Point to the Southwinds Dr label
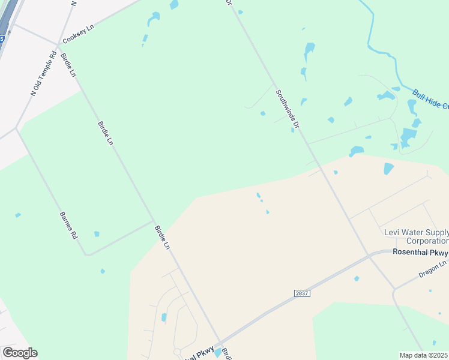coord(287,108)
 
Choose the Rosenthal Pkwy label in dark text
coord(420,252)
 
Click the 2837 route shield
coord(302,293)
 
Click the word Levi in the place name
coord(391,232)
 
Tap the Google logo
coord(19,353)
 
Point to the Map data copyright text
coord(424,355)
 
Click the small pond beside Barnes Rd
coord(97,234)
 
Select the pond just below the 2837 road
coord(357,278)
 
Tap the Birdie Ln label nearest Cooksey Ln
coord(68,65)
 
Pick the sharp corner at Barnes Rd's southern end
coord(88,255)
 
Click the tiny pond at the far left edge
coord(18,215)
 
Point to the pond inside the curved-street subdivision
coord(164,317)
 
